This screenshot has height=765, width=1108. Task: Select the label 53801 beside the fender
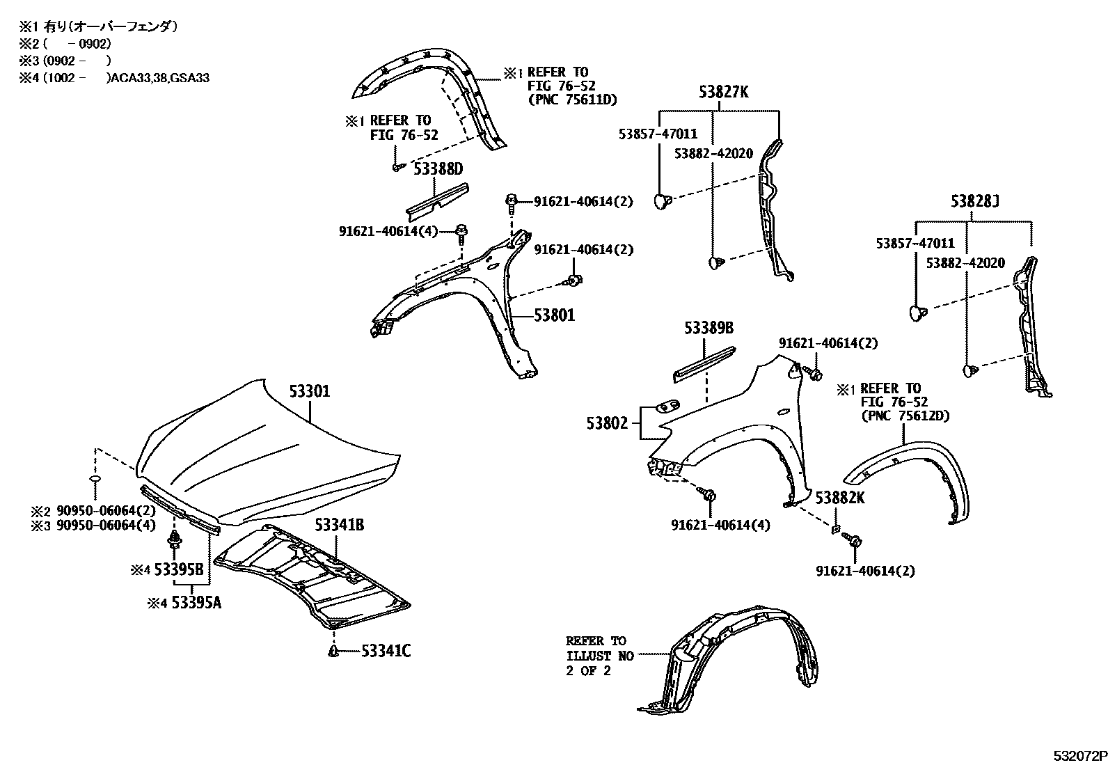coord(554,315)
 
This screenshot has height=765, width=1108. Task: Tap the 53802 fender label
coord(607,423)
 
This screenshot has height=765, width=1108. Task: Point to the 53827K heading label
coord(724,91)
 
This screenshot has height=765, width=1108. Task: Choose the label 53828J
coord(975,203)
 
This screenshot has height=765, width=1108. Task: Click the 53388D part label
coord(438,168)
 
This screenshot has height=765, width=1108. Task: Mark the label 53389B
coord(709,329)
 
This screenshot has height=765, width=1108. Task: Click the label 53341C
coord(386,652)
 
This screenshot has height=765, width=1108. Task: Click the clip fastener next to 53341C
coord(333,651)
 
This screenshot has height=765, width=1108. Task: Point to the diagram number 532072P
coord(1078,756)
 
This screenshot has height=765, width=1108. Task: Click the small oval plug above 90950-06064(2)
coord(96,480)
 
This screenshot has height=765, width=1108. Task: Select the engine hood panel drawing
coord(271,452)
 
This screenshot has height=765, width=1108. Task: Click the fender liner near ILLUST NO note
coord(731,661)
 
